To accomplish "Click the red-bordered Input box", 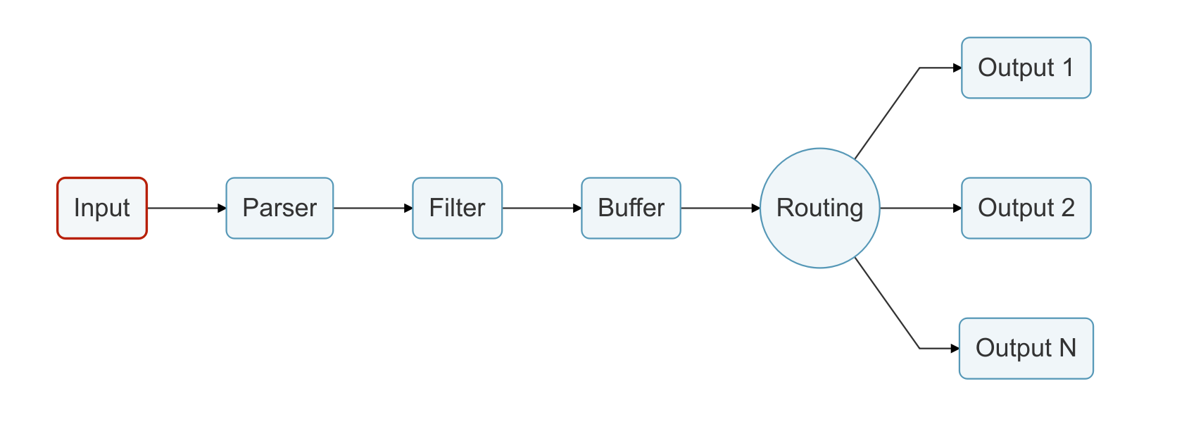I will (102, 208).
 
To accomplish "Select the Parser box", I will (279, 208).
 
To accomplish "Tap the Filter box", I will (457, 208).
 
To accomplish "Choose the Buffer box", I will (631, 208).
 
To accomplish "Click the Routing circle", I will (819, 208).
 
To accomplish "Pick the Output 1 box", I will (1026, 68).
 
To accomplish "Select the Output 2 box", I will (1026, 208).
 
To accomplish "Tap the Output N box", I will (1026, 348).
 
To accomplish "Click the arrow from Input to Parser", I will (184, 209).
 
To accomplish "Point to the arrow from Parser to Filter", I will (372, 209).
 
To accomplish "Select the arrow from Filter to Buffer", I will (541, 209).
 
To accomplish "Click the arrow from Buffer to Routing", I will (719, 209).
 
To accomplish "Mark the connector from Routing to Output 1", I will (887, 113).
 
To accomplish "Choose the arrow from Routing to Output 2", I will (919, 209).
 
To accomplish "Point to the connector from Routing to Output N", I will (887, 303).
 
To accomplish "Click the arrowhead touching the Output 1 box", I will (957, 68).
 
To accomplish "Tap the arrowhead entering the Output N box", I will (955, 348).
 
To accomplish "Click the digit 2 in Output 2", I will (1068, 208).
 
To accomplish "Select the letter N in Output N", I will (1068, 348).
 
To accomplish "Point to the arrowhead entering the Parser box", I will (222, 209).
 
